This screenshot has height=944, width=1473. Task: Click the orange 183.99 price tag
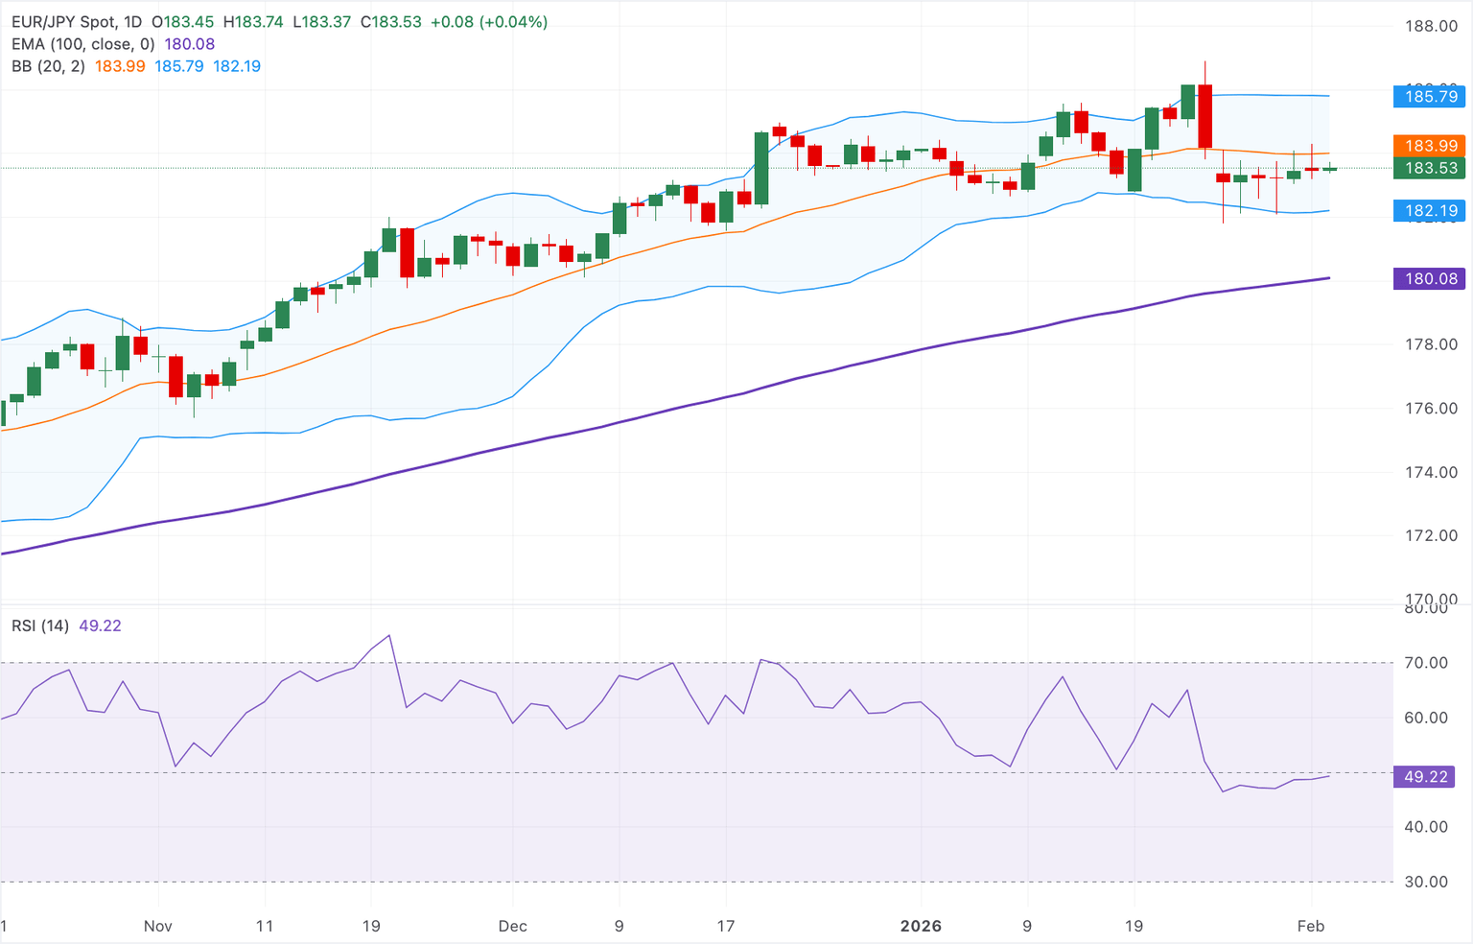coord(1430,146)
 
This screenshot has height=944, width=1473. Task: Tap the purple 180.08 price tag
coord(1430,279)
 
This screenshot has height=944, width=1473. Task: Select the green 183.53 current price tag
coord(1430,168)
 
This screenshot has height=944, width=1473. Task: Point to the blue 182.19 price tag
coord(1430,210)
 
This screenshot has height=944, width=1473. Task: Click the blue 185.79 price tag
coord(1430,96)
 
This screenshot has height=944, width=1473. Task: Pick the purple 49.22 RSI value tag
coord(1425,776)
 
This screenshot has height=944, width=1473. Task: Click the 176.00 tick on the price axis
coord(1431,409)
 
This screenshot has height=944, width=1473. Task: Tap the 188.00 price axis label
coord(1431,27)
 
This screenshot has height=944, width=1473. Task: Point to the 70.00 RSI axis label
coord(1425,663)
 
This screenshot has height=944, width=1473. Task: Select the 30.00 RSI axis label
coord(1425,882)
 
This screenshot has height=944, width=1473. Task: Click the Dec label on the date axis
coord(513,926)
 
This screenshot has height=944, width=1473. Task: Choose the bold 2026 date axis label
coord(921,926)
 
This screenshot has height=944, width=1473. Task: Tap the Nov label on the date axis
coord(158,926)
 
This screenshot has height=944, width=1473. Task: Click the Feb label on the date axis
coord(1311,926)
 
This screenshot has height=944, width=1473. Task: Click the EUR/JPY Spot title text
coord(63,22)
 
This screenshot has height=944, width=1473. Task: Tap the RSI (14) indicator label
coord(40,625)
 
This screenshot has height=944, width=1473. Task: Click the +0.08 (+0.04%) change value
coord(489,22)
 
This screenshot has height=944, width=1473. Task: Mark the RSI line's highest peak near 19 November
coord(388,635)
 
